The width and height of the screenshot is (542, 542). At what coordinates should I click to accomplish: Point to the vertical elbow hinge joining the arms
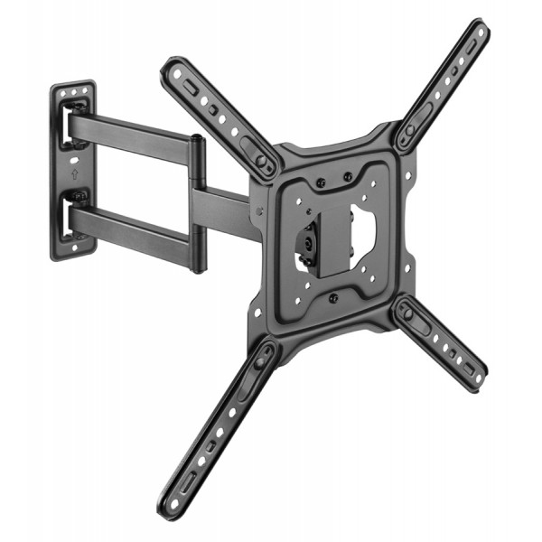[196, 203]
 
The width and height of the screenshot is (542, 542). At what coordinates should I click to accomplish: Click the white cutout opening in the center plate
[363, 230]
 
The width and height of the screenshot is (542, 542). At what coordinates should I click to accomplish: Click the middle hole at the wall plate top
[73, 91]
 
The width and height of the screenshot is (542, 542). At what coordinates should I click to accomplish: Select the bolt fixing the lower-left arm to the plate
[261, 361]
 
